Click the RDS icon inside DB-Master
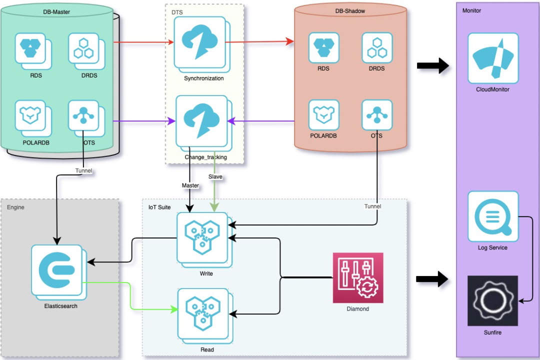30,48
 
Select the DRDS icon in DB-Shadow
377,48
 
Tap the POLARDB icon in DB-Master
30,115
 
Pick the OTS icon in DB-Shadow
377,115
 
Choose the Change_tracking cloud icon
201,121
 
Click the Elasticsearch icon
56,269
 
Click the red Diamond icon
358,277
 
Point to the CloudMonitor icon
493,58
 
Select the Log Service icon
493,216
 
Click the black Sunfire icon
492,300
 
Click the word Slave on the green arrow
215,176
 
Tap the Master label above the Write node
190,185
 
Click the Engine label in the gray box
15,206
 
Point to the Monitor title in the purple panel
471,10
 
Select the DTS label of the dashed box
177,11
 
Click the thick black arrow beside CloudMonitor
432,65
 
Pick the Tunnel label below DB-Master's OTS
84,170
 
